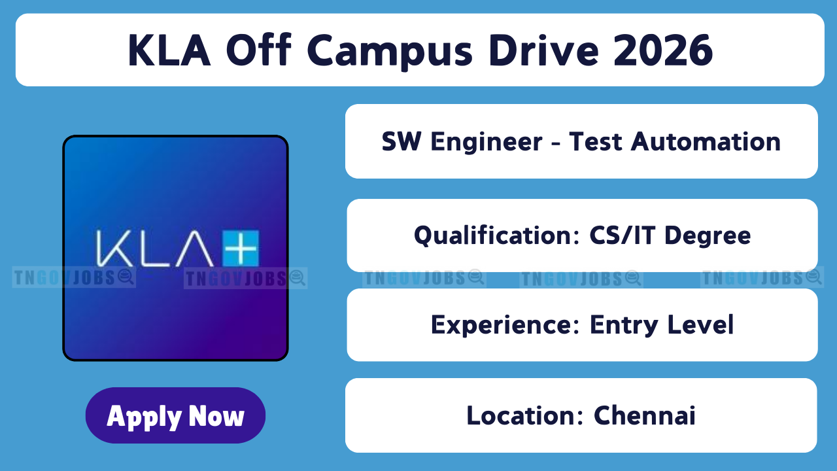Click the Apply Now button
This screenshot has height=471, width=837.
[175, 415]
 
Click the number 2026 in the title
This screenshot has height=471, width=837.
[663, 50]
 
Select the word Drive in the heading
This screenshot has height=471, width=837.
[543, 50]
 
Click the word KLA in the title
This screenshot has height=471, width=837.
[169, 50]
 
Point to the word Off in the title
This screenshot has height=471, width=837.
[258, 50]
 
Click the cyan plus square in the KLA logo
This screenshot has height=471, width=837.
[240, 248]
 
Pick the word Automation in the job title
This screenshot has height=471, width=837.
[706, 142]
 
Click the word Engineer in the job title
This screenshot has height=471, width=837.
[486, 143]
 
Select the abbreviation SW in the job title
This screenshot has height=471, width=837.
[401, 141]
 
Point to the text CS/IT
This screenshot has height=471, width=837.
[622, 235]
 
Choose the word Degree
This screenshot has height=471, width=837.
[708, 236]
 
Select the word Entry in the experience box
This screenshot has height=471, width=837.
[624, 325]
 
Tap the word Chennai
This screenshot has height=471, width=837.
[645, 415]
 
